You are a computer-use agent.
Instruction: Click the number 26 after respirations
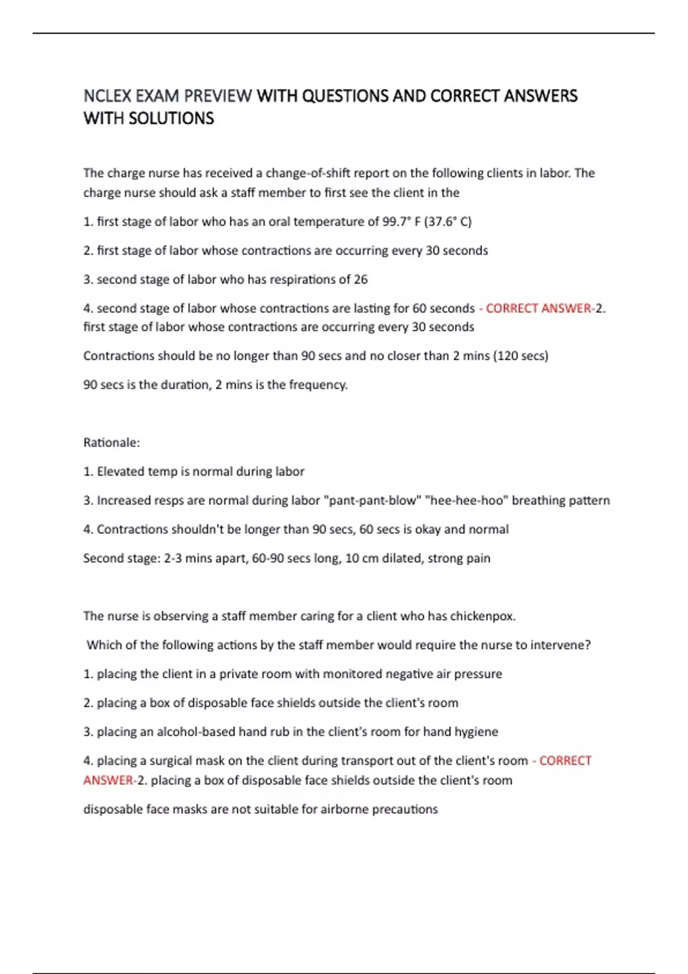coord(361,280)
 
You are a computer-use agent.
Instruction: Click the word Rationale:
coord(111,443)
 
